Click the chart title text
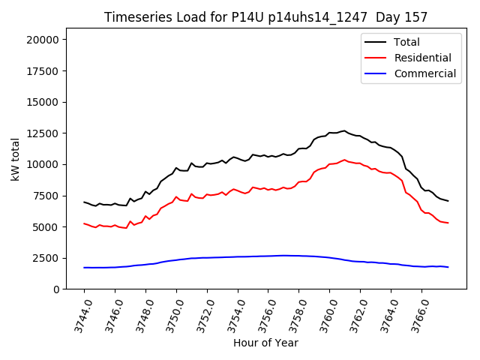pyautogui.click(x=266, y=17)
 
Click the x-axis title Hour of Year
pyautogui.click(x=265, y=343)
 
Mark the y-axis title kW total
pyautogui.click(x=16, y=159)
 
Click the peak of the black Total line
pyautogui.click(x=345, y=130)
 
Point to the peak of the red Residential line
pyautogui.click(x=345, y=160)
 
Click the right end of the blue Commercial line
pyautogui.click(x=448, y=267)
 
